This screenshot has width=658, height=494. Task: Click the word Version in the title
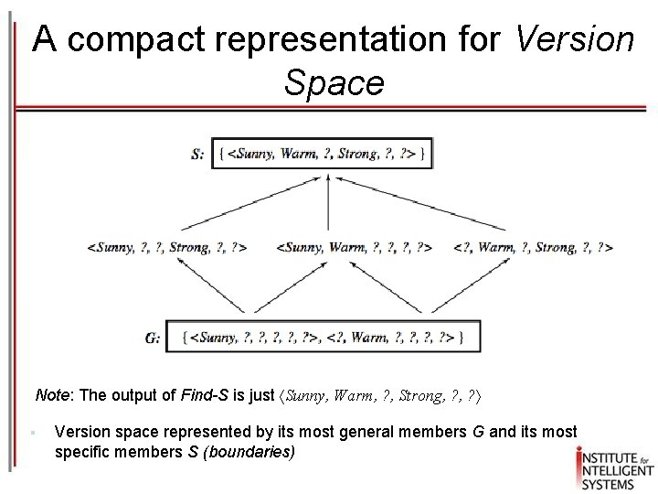(x=575, y=40)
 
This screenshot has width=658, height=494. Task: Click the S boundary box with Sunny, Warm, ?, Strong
(x=322, y=154)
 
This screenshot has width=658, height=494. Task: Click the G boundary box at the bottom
(x=323, y=337)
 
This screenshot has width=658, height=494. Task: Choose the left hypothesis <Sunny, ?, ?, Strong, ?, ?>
(x=166, y=247)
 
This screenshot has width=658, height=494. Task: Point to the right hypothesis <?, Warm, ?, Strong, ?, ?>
(x=532, y=247)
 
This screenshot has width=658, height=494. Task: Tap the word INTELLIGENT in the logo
(x=614, y=459)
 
